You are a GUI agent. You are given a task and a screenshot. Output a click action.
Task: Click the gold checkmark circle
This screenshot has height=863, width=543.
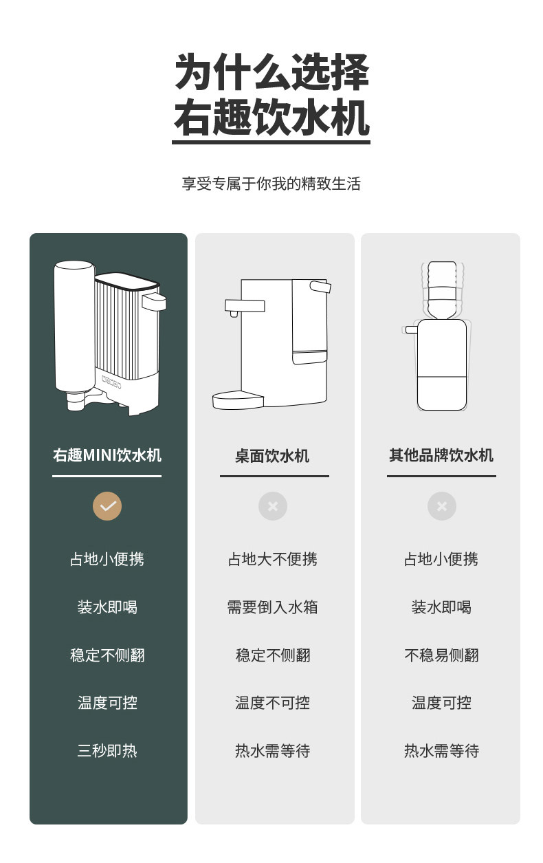pos(107,506)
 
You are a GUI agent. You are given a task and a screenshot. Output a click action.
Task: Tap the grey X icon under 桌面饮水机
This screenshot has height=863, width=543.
pos(273,506)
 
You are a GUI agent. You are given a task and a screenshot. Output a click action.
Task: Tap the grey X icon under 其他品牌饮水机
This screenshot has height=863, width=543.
pos(442,506)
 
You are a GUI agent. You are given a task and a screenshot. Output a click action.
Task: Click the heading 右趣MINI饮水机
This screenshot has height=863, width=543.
pos(107,455)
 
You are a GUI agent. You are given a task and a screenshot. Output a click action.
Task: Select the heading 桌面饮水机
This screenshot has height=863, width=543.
pos(272,456)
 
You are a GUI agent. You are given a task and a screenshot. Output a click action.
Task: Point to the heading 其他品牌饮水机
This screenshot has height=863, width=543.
pos(441,455)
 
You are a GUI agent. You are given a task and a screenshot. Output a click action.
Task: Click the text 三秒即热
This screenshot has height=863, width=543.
pos(107,750)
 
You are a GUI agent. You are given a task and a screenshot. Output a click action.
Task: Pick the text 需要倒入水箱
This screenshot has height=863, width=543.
pos(272,607)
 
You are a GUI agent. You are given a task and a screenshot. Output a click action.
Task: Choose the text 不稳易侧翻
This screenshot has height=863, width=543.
pos(441,655)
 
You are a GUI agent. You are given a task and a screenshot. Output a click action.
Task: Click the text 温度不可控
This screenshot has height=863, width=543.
pos(272,703)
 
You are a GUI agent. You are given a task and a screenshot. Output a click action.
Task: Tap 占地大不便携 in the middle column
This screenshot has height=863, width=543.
pos(272,559)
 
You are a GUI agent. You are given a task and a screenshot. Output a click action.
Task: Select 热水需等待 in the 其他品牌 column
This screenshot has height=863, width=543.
pos(441,750)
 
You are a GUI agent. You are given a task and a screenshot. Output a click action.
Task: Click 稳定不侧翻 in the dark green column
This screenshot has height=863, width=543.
pos(107,655)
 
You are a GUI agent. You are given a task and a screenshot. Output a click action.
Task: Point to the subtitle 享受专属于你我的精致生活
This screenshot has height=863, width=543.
pos(271,184)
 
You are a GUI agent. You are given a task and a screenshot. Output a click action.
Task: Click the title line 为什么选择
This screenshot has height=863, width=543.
pos(272,72)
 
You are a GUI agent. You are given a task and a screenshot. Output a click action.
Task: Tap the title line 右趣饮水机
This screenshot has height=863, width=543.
pos(272,117)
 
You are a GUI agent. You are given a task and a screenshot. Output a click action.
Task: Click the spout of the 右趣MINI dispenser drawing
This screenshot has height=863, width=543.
pos(154,302)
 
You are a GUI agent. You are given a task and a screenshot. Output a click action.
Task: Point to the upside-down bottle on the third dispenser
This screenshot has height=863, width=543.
pos(442,290)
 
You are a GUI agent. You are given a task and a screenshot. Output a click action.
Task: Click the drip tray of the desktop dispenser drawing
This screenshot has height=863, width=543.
pos(238,400)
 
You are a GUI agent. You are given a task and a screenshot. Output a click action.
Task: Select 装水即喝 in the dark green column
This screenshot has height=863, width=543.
pos(107,607)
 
